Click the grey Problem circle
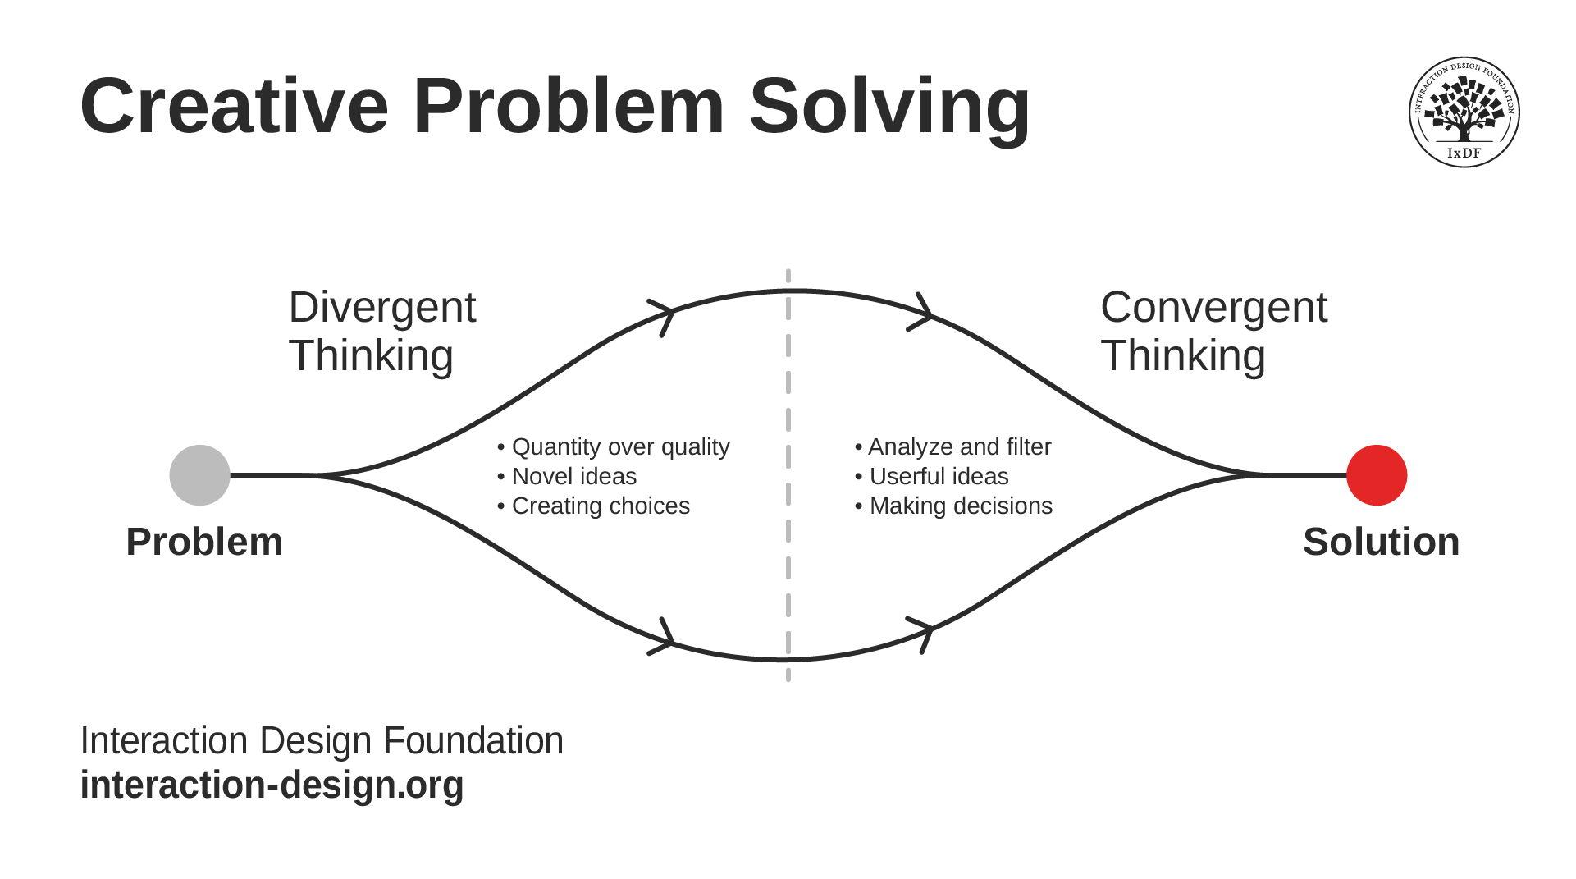pyautogui.click(x=199, y=475)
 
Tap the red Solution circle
pyautogui.click(x=1377, y=475)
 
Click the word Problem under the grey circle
pyautogui.click(x=204, y=542)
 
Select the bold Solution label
pyautogui.click(x=1381, y=542)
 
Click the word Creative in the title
pyautogui.click(x=235, y=107)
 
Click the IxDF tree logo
pyautogui.click(x=1464, y=112)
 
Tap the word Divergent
pyautogui.click(x=381, y=308)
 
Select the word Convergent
pyautogui.click(x=1213, y=308)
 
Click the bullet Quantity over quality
pyautogui.click(x=614, y=446)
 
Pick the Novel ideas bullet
pyautogui.click(x=568, y=476)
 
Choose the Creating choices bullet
pyautogui.click(x=594, y=506)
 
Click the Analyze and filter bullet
pyautogui.click(x=953, y=446)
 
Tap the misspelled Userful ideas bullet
pyautogui.click(x=932, y=476)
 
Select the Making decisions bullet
pyautogui.click(x=954, y=506)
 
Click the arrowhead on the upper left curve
pyautogui.click(x=665, y=315)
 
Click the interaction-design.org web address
pyautogui.click(x=272, y=785)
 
